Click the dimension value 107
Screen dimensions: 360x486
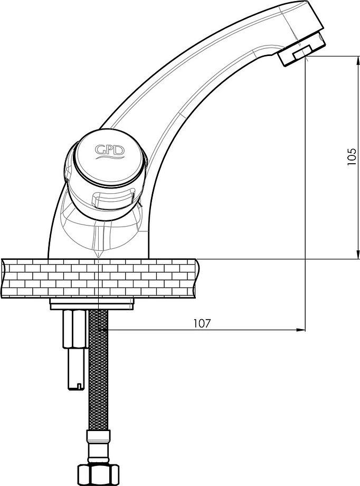(x=202, y=323)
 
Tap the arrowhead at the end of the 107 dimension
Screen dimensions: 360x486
(x=301, y=330)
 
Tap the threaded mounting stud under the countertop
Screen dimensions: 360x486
(x=74, y=349)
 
